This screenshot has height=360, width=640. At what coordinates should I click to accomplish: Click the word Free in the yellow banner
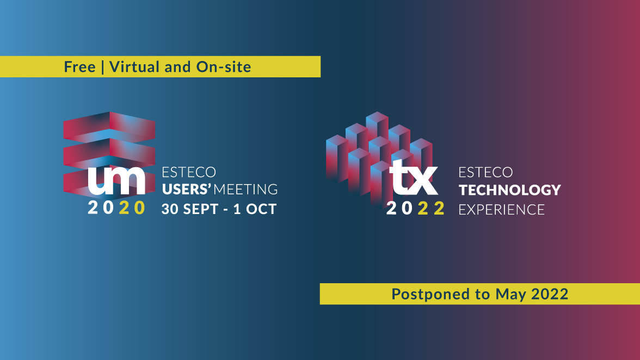tap(79, 66)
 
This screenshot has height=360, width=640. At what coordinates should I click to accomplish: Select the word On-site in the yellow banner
tap(224, 66)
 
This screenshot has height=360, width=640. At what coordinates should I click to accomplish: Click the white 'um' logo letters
tap(116, 180)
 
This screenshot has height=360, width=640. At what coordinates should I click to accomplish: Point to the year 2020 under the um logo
tap(116, 208)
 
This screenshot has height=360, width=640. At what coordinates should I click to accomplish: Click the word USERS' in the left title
tap(187, 189)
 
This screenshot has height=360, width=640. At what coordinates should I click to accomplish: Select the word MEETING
tap(246, 189)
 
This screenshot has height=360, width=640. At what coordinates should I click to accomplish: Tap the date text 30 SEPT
tap(190, 209)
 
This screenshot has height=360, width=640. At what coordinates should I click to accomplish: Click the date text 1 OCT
tap(255, 209)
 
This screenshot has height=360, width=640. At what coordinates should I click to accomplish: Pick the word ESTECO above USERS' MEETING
tap(188, 172)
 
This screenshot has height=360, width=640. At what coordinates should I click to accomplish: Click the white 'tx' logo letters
tap(414, 178)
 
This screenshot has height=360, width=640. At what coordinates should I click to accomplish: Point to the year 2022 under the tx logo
tap(415, 209)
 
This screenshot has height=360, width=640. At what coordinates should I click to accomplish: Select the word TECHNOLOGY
tap(510, 190)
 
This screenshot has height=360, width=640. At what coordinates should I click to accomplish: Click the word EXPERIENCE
tap(502, 210)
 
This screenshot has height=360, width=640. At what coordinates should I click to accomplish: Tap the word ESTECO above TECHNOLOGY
tap(485, 173)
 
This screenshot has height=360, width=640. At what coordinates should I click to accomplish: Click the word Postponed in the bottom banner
tap(430, 294)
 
